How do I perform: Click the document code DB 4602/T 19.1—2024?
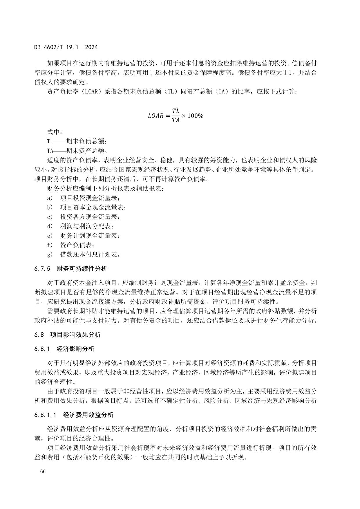[x=66, y=47]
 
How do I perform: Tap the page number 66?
[x=43, y=471]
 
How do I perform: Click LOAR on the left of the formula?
[x=155, y=116]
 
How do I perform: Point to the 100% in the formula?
[x=195, y=116]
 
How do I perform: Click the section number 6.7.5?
[x=42, y=269]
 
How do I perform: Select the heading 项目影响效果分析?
[x=75, y=335]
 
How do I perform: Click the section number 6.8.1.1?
[x=45, y=415]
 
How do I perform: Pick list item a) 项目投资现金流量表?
[x=83, y=198]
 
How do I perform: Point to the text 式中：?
[x=55, y=132]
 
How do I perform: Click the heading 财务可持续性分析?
[x=82, y=269]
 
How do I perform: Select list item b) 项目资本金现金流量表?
[x=86, y=207]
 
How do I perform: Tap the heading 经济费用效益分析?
[x=88, y=415]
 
